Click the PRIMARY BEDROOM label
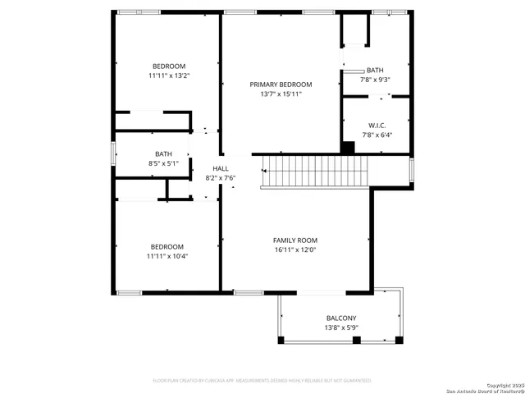point(281,85)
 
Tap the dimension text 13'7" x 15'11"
point(281,94)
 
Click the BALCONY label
point(341,318)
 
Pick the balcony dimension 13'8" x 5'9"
point(341,328)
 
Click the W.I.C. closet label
point(376,125)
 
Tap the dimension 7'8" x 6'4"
point(376,135)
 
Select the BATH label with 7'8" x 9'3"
point(375,71)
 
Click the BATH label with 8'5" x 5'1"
point(164,153)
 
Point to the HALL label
point(220,168)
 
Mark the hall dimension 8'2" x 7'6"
point(220,178)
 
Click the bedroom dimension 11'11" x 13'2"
point(169,76)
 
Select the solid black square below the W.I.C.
point(348,148)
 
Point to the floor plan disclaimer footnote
point(262,380)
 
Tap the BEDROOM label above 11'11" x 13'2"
point(169,66)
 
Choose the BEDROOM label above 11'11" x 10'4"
point(167,246)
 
